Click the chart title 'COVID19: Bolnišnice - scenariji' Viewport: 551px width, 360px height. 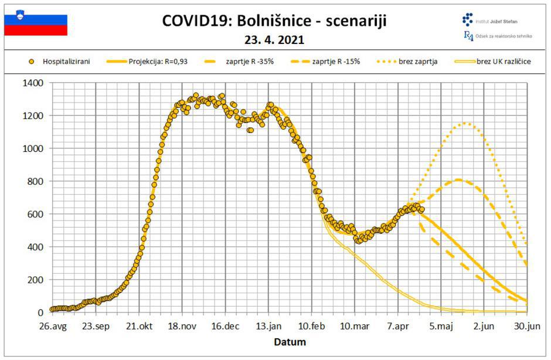click(275, 22)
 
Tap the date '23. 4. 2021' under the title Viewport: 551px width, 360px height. click(275, 41)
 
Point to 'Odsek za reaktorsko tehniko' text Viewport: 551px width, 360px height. click(502, 36)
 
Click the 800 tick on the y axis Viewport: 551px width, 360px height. click(36, 181)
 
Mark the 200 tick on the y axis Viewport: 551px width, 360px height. click(36, 280)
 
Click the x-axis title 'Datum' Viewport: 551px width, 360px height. click(290, 342)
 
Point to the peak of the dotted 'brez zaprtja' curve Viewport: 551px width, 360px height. click(466, 123)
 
